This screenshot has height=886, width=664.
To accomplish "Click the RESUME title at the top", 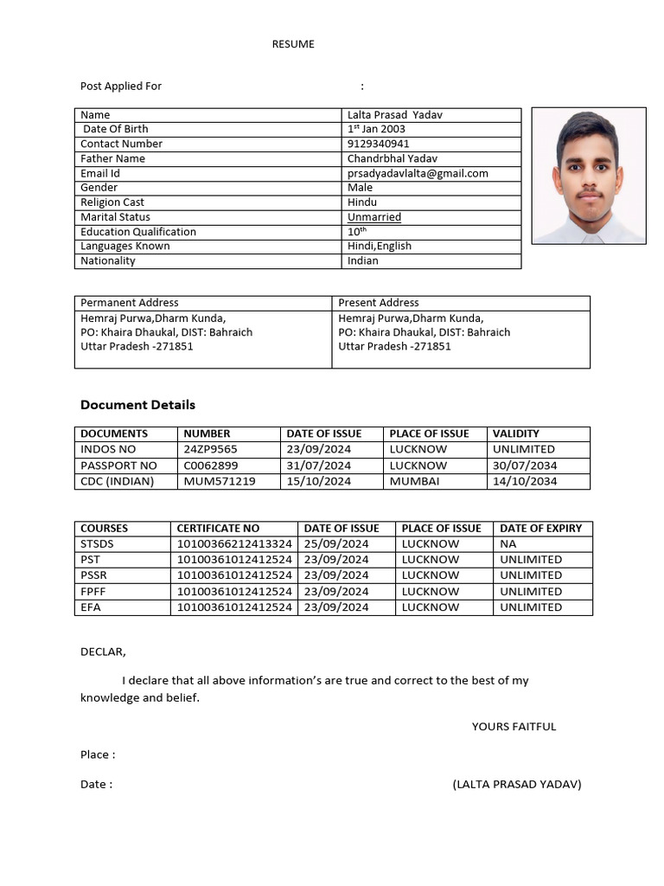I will pos(293,44).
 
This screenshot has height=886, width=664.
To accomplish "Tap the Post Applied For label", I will pos(121,86).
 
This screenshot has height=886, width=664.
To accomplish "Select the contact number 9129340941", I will pos(379,144).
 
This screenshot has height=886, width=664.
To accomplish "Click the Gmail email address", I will pos(418,173).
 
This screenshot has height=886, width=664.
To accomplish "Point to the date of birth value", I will pos(376,129).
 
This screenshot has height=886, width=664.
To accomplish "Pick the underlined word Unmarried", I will pos(374,217).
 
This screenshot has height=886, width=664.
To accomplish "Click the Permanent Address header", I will pos(130,303).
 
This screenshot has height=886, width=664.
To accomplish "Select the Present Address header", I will pos(379,303).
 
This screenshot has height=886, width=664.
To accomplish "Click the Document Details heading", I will pos(137,405).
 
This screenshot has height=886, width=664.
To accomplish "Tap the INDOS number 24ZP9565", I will pos(210,449).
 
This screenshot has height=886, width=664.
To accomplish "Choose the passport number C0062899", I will pos(210,465).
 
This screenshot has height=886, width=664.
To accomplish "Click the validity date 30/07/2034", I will pos(525,465).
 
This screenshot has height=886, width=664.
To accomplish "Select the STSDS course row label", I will pos(97,544).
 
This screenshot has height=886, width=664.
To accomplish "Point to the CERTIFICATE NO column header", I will pos(218,528).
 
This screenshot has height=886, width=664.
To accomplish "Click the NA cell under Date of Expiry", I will pos(508,544).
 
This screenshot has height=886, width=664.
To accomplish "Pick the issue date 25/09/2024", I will pos(336,544).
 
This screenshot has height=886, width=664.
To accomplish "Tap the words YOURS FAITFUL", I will pos(514,726).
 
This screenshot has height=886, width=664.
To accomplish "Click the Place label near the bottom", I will pos(97,754).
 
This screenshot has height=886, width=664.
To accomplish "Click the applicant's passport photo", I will pos(588,176).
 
